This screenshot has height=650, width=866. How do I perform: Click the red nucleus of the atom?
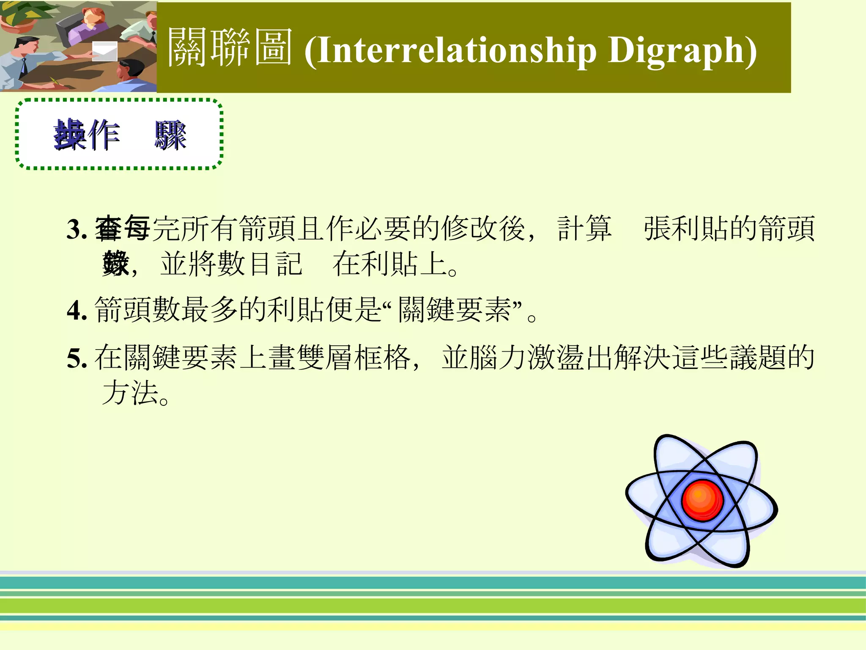coord(702,500)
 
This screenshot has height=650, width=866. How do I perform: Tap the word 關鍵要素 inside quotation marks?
coord(455,310)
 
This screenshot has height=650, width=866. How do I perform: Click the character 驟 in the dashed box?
coord(170,135)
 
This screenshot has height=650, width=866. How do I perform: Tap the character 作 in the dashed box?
coord(104,135)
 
